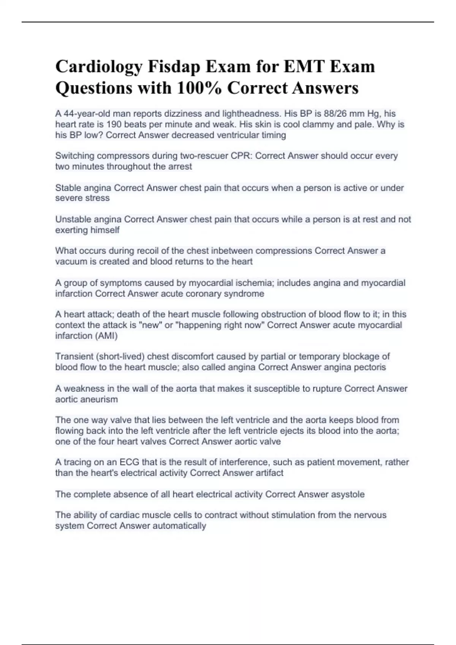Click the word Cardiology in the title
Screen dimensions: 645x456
pyautogui.click(x=99, y=67)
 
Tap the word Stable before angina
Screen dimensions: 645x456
pyautogui.click(x=68, y=188)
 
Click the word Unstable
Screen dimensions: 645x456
pyautogui.click(x=73, y=219)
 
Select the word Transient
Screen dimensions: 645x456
pyautogui.click(x=74, y=357)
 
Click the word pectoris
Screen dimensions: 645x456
pyautogui.click(x=370, y=367)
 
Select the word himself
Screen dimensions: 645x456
pyautogui.click(x=103, y=230)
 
